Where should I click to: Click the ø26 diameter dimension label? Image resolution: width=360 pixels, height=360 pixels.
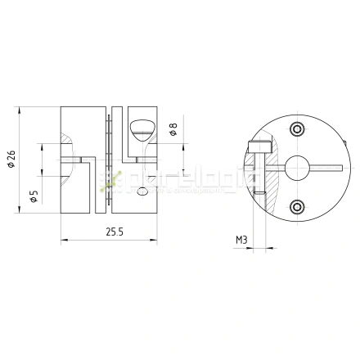click(x=11, y=161)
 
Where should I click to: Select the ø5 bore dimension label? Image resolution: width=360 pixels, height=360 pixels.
click(x=32, y=196)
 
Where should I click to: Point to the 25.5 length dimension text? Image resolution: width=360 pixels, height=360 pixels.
click(x=114, y=232)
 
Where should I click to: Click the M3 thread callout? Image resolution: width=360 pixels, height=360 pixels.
click(x=241, y=240)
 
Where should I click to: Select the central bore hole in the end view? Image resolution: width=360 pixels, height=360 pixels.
click(x=295, y=168)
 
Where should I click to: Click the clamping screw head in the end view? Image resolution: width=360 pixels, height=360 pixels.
click(x=260, y=147)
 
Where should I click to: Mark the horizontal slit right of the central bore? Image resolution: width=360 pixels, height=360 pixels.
click(x=322, y=168)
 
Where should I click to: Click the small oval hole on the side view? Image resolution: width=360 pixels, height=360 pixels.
click(x=144, y=192)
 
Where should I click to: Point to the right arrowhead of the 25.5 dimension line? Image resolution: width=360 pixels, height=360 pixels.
click(x=161, y=240)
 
